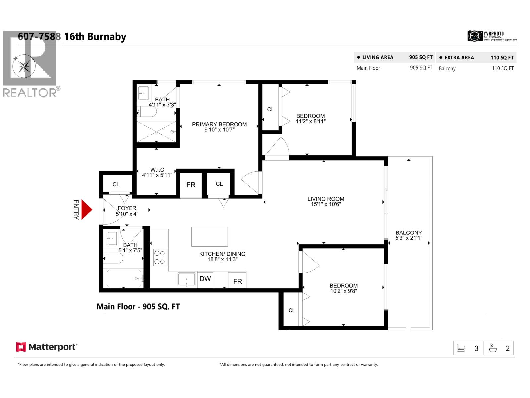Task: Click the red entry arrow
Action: [x=86, y=210]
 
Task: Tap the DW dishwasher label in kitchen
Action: [x=205, y=279]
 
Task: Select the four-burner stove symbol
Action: [x=160, y=257]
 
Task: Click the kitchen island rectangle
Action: [x=209, y=236]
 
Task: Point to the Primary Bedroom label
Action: [x=219, y=124]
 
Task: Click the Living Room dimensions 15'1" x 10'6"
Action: [x=326, y=204]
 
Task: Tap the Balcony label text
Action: [x=409, y=233]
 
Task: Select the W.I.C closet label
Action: [x=157, y=170]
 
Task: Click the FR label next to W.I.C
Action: [x=191, y=185]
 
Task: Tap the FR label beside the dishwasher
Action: [x=238, y=281]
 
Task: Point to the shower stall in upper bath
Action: [x=156, y=131]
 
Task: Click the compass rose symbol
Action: [x=24, y=66]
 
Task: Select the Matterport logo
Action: [x=46, y=347]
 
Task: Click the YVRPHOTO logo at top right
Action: [x=492, y=36]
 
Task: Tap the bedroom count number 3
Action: [x=476, y=348]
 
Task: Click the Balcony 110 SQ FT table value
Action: [x=503, y=68]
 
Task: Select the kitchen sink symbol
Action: [x=186, y=279]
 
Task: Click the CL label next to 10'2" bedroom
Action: [x=291, y=310]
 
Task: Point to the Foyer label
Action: [x=127, y=208]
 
